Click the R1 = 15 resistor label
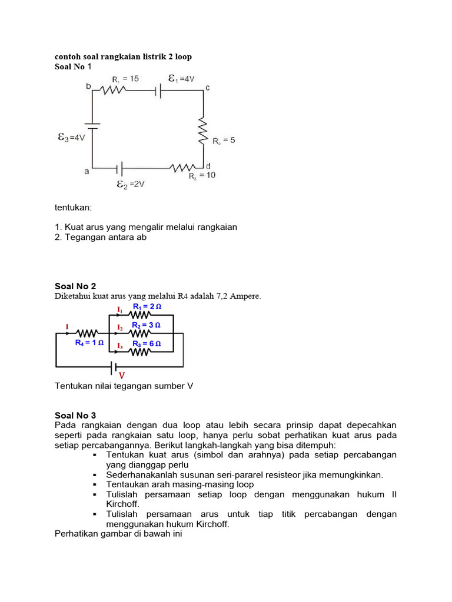[125, 79]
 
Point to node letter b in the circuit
[88, 87]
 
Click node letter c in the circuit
[207, 88]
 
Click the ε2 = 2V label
[130, 184]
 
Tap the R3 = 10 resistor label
[201, 176]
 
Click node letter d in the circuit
[208, 166]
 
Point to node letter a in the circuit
[87, 171]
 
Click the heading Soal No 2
[75, 286]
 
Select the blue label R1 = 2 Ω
[147, 307]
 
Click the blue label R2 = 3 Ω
[147, 325]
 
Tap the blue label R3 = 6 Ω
[147, 343]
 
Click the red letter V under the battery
[122, 375]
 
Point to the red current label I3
[119, 345]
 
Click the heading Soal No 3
[75, 415]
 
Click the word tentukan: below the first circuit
[75, 208]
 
